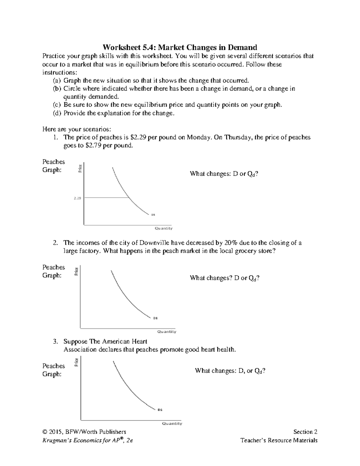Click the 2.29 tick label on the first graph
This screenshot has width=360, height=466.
(x=77, y=198)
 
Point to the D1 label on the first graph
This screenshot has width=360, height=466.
(x=153, y=215)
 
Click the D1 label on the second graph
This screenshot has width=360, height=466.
(x=155, y=318)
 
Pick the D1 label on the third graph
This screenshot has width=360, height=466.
(x=160, y=410)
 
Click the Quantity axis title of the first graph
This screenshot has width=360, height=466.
(x=163, y=228)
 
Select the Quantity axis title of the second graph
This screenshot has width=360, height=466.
(x=167, y=332)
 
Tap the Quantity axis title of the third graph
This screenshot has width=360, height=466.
(x=172, y=423)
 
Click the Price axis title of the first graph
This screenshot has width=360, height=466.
(x=80, y=169)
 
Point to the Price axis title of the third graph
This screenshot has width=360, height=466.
(x=76, y=362)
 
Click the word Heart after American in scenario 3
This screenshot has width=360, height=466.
(x=139, y=341)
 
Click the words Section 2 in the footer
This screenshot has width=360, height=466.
(x=305, y=432)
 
